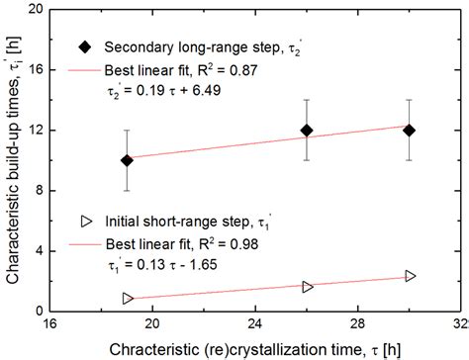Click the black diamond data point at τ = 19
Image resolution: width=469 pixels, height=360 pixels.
pyautogui.click(x=127, y=160)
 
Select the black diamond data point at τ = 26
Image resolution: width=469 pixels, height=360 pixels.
pyautogui.click(x=307, y=131)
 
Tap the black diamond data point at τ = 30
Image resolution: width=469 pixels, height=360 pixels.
pyautogui.click(x=410, y=131)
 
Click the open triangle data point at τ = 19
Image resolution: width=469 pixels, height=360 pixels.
pyautogui.click(x=128, y=298)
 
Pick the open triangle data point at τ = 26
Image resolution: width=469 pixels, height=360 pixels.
pyautogui.click(x=307, y=287)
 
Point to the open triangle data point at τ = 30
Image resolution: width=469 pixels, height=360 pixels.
pyautogui.click(x=410, y=276)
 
